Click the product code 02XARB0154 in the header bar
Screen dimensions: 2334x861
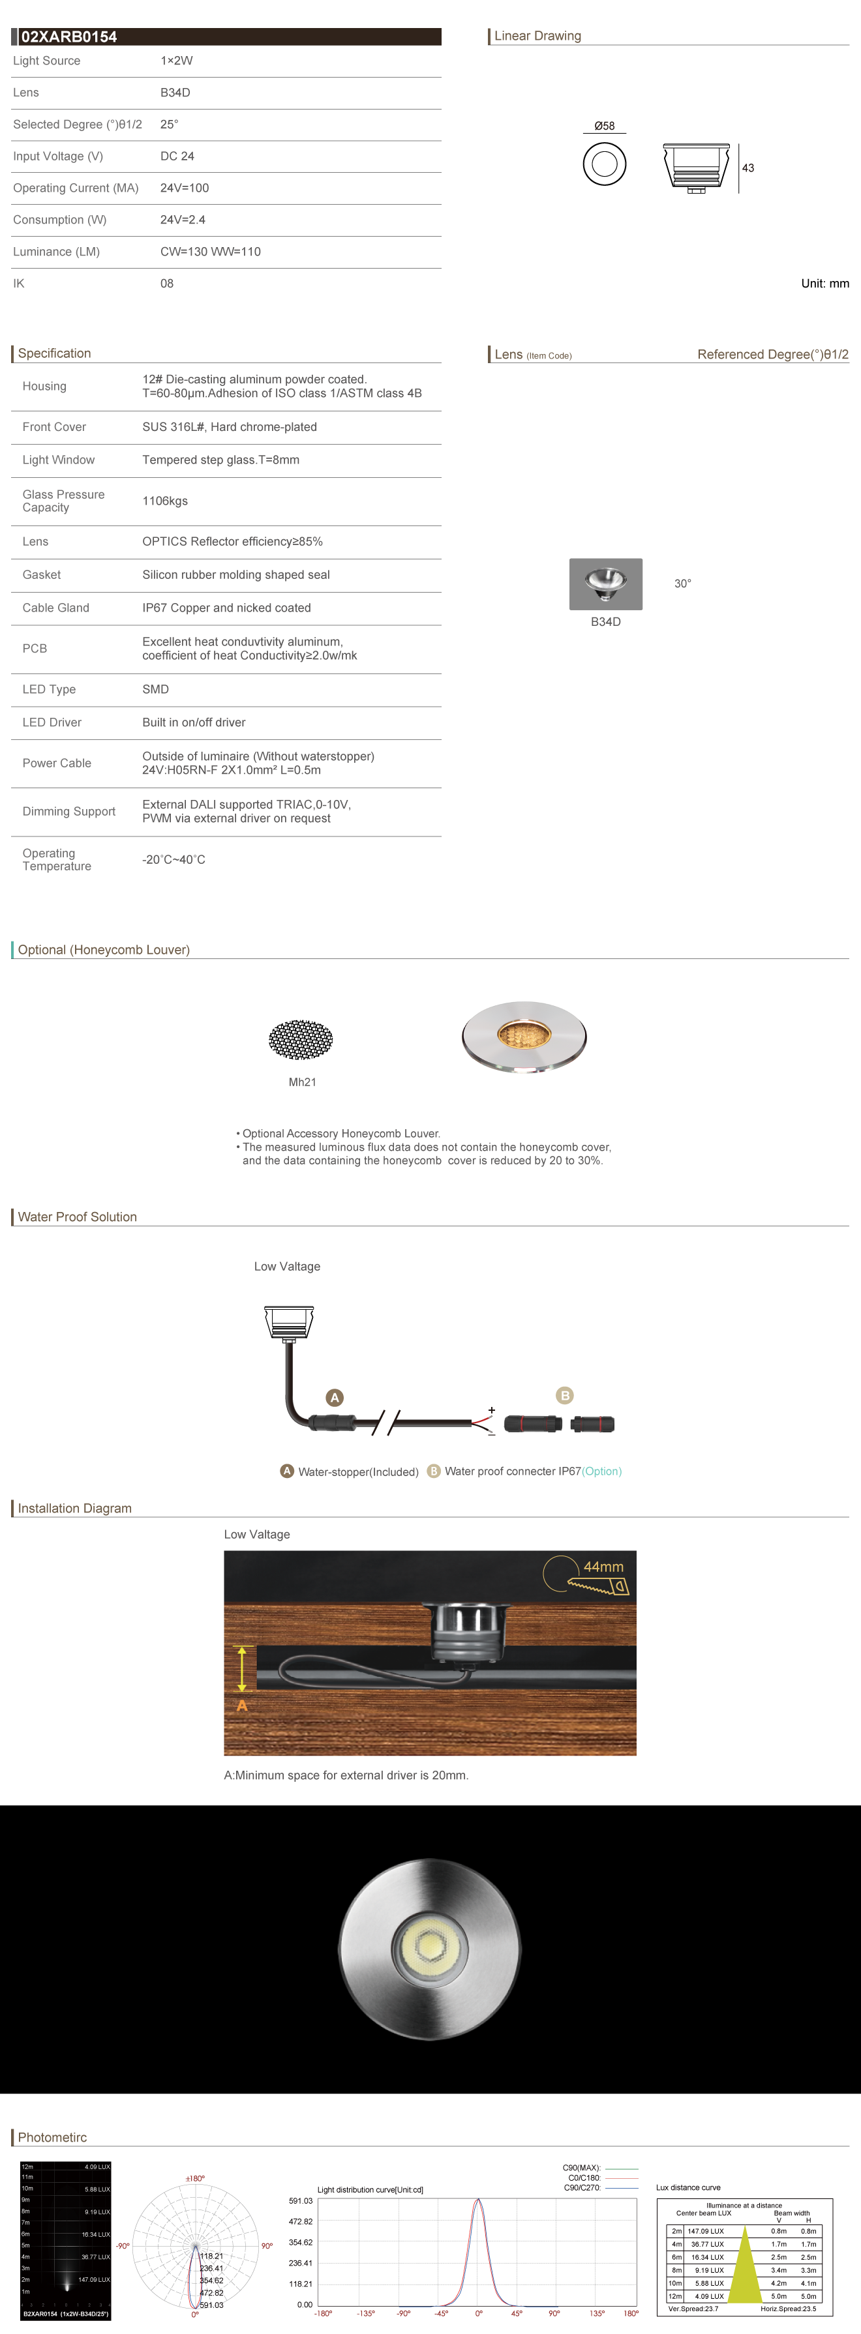coord(69,37)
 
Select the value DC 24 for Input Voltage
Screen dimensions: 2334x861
coord(177,156)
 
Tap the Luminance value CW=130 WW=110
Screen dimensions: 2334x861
coord(210,252)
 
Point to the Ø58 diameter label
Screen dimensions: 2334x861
coord(605,126)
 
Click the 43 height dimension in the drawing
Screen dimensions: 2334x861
coord(748,168)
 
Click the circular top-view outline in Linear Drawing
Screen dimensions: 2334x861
coord(605,164)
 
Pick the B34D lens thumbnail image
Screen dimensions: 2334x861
coord(605,583)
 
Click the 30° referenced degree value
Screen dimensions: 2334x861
coord(682,583)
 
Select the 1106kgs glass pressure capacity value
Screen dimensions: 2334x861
coord(165,501)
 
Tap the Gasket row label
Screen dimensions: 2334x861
coord(42,574)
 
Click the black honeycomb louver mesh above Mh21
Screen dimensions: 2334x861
coord(301,1039)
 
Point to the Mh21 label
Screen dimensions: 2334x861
coord(302,1082)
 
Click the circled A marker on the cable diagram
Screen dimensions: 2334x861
coord(335,1397)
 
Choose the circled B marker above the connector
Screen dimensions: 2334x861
coord(565,1395)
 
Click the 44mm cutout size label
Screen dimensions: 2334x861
coord(603,1567)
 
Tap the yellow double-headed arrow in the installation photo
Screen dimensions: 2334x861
coord(242,1668)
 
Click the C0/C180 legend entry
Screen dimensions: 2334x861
coord(584,2178)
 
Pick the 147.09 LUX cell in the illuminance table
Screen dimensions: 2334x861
coord(705,2232)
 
